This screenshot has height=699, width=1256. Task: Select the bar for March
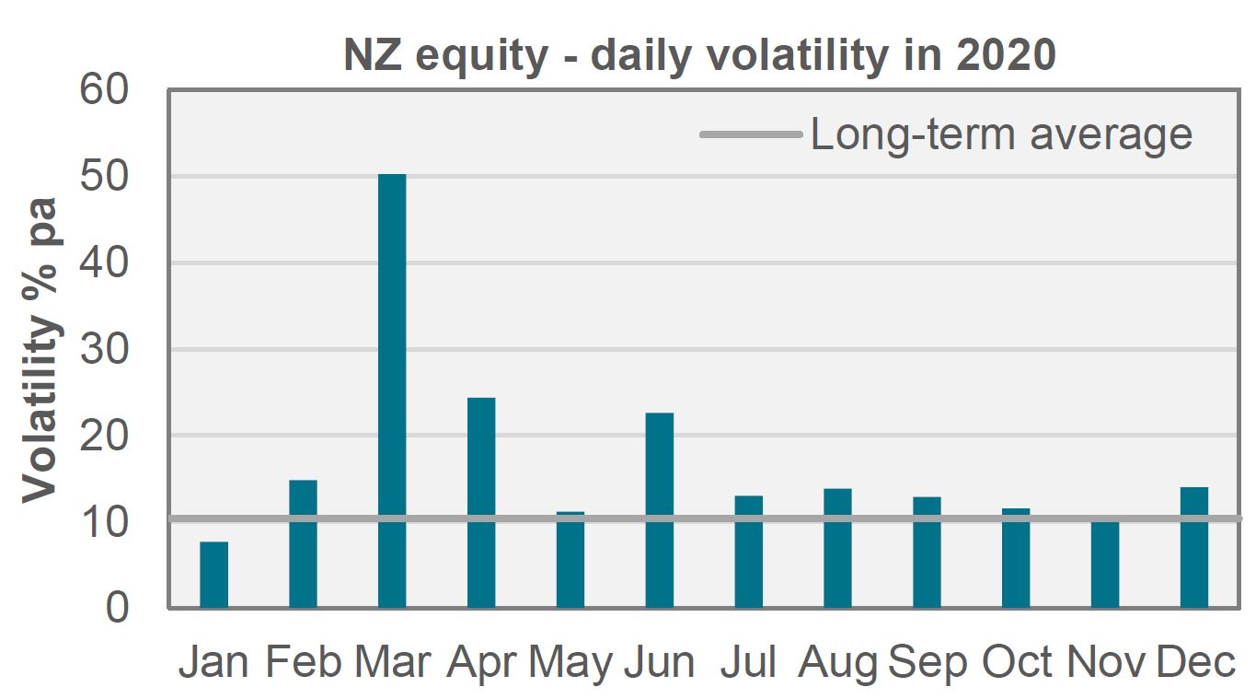[392, 390]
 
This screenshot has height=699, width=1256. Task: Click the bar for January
[213, 575]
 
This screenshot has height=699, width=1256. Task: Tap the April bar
[481, 503]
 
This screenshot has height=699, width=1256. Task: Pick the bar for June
[660, 510]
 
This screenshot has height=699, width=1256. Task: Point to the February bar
[303, 543]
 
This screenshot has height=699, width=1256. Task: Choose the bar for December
[1194, 547]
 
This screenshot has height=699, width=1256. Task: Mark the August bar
[837, 548]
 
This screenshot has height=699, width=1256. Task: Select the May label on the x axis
[570, 662]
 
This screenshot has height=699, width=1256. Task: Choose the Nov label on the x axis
[1106, 662]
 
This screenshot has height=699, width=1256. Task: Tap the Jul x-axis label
[749, 662]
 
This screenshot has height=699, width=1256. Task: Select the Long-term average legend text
[1001, 134]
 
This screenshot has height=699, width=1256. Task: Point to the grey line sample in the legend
[751, 134]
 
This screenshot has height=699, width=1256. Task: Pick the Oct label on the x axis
[1017, 662]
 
